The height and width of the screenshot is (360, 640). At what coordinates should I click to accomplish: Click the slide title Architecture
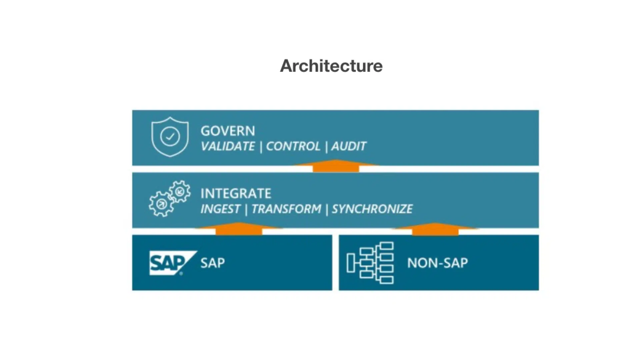[x=331, y=66]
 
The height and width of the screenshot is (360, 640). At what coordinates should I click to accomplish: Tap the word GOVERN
[x=228, y=131]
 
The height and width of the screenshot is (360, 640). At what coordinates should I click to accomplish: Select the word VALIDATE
[x=228, y=146]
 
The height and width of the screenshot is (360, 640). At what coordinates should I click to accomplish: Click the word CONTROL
[x=293, y=146]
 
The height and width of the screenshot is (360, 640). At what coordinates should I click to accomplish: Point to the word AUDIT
[x=349, y=146]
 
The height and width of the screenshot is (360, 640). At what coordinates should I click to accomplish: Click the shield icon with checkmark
[x=170, y=137]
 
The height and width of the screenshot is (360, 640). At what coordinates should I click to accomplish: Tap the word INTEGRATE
[x=236, y=193]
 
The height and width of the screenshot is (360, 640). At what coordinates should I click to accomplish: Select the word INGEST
[x=220, y=209]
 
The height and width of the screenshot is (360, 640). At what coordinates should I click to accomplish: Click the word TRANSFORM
[x=286, y=209]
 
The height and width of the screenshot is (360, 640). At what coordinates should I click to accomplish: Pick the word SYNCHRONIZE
[x=372, y=209]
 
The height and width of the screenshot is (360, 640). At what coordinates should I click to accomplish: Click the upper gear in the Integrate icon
[x=180, y=191]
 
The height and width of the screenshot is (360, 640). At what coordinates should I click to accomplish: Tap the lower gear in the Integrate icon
[x=161, y=204]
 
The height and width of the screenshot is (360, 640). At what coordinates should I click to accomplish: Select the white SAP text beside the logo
[x=212, y=263]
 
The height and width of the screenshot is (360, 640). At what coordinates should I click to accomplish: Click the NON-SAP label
[x=437, y=263]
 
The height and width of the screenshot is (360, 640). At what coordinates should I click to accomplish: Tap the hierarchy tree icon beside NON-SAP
[x=370, y=263]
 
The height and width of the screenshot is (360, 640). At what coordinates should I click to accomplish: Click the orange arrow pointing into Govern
[x=336, y=166]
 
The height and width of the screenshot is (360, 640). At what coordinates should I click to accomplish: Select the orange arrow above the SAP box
[x=239, y=229]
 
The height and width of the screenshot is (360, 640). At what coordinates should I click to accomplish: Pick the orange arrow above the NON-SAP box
[x=435, y=229]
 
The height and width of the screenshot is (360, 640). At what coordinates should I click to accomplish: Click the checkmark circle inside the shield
[x=170, y=136]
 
